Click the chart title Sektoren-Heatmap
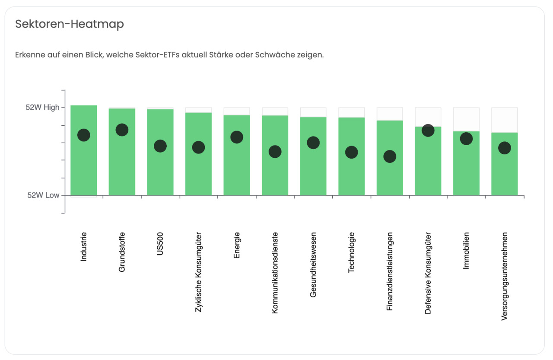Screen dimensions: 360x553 (70, 24)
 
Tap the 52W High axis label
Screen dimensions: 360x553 (42, 108)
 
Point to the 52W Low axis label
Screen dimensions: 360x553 (43, 195)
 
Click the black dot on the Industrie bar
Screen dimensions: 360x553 (83, 135)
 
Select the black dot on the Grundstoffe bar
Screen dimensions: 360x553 (122, 130)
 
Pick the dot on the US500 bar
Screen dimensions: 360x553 (160, 146)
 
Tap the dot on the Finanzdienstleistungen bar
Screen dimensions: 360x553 (390, 156)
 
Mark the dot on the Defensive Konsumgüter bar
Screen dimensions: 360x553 (428, 130)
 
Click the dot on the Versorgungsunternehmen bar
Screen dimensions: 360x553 (504, 148)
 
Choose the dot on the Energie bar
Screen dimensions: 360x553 (237, 137)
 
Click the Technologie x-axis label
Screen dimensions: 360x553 (351, 252)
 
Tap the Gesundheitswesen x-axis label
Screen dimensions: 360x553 (313, 264)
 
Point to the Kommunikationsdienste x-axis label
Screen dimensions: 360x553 (275, 273)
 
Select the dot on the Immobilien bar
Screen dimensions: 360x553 (466, 139)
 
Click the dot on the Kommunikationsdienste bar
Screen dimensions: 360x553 (275, 152)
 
